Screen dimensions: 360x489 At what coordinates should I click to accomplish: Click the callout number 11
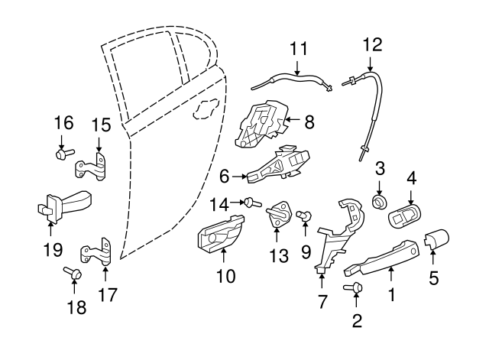tap(298, 49)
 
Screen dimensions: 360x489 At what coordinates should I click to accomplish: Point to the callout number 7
tap(322, 301)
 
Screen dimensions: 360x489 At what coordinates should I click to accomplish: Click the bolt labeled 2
tap(354, 289)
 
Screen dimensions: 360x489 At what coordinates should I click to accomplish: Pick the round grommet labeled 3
tap(378, 201)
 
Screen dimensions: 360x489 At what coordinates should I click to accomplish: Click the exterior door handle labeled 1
tap(382, 257)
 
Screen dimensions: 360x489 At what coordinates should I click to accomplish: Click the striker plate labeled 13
tap(280, 214)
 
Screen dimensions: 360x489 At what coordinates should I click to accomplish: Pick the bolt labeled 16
tap(61, 154)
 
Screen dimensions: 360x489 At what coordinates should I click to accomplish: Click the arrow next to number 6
tap(238, 177)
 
